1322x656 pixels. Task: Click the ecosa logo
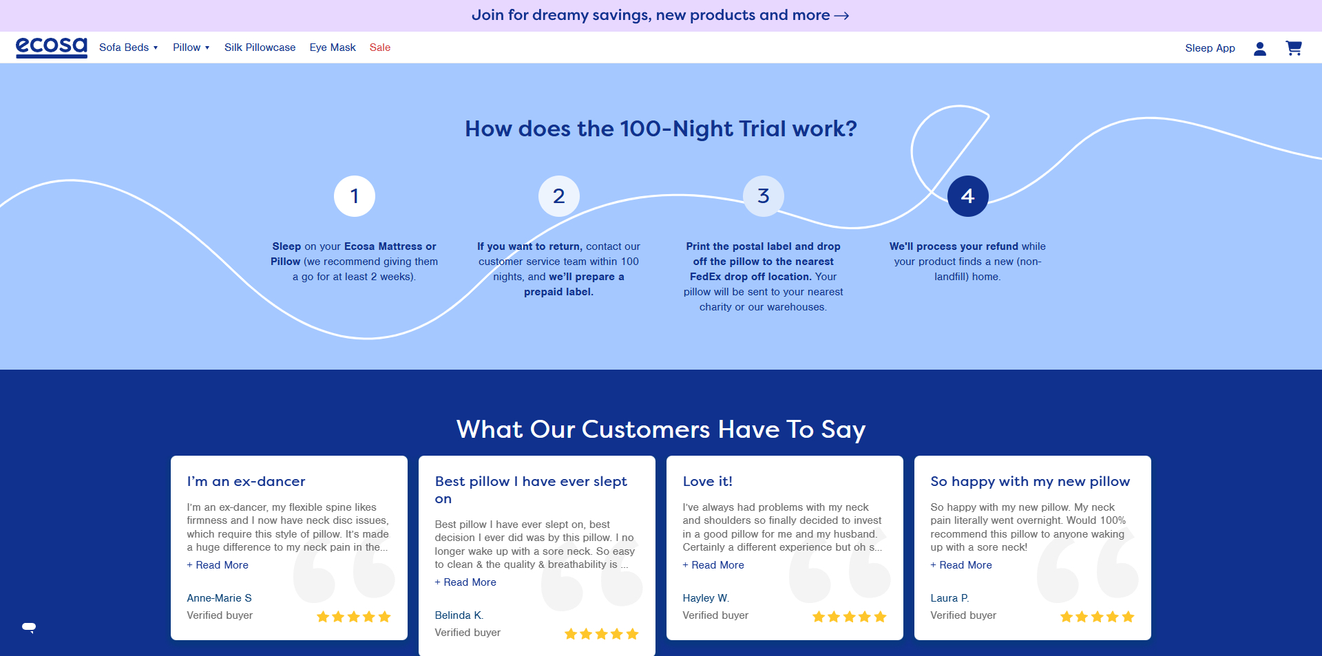pyautogui.click(x=52, y=47)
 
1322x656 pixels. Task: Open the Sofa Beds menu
pyautogui.click(x=129, y=47)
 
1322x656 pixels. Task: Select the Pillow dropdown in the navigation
pyautogui.click(x=191, y=47)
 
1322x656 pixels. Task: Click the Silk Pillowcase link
pyautogui.click(x=260, y=47)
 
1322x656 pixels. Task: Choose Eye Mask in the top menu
pyautogui.click(x=333, y=47)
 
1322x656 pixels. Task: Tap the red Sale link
pyautogui.click(x=380, y=47)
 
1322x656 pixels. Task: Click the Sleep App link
pyautogui.click(x=1210, y=48)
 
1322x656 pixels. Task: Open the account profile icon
pyautogui.click(x=1260, y=48)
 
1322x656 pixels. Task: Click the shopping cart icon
pyautogui.click(x=1294, y=48)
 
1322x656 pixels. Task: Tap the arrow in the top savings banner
pyautogui.click(x=841, y=16)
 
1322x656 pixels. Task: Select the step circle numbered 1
pyautogui.click(x=355, y=196)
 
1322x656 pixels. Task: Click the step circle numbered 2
pyautogui.click(x=559, y=196)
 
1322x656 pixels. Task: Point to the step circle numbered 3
pyautogui.click(x=764, y=196)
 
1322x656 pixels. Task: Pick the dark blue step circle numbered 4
pyautogui.click(x=968, y=196)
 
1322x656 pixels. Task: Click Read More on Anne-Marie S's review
pyautogui.click(x=218, y=565)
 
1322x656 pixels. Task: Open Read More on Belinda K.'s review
pyautogui.click(x=465, y=582)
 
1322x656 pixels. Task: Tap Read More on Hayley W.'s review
pyautogui.click(x=713, y=565)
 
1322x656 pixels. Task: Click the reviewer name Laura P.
pyautogui.click(x=949, y=598)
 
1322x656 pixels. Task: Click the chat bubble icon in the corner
pyautogui.click(x=29, y=627)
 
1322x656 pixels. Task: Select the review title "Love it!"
pyautogui.click(x=707, y=481)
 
